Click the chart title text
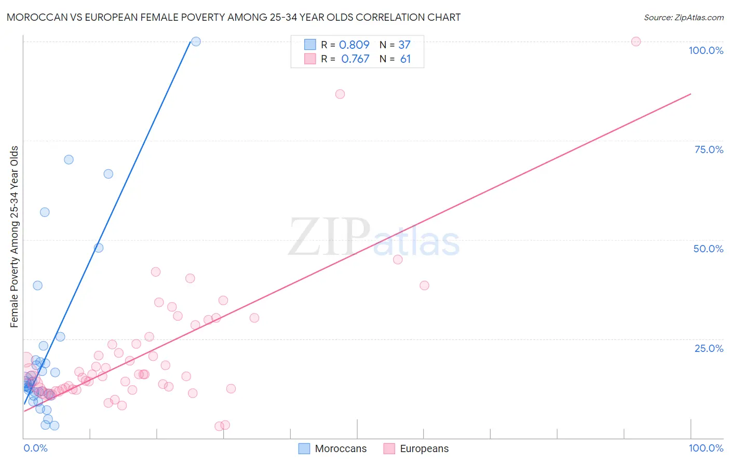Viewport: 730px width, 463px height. coord(233,17)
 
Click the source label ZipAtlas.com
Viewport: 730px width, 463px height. coord(683,18)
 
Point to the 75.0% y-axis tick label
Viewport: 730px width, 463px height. coord(709,149)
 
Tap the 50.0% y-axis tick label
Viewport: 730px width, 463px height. coord(708,249)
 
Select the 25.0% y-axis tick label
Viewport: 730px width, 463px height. coord(709,348)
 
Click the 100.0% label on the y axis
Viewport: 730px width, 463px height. coord(706,50)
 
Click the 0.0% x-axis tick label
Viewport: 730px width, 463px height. coord(35,448)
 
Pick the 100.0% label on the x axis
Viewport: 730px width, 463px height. coord(706,448)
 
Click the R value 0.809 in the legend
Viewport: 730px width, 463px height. coord(354,45)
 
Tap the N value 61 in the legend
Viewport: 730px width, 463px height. coord(405,59)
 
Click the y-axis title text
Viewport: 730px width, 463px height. coord(15,237)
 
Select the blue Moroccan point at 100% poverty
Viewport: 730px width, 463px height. coord(196,42)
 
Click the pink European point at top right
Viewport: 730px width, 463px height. coord(636,42)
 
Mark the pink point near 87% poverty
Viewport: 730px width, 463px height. coord(340,94)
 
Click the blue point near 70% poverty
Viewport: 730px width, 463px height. coord(69,159)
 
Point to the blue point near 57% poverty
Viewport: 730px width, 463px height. coord(45,212)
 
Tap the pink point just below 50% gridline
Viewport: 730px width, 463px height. coord(398,260)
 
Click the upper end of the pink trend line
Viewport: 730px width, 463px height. coord(691,94)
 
